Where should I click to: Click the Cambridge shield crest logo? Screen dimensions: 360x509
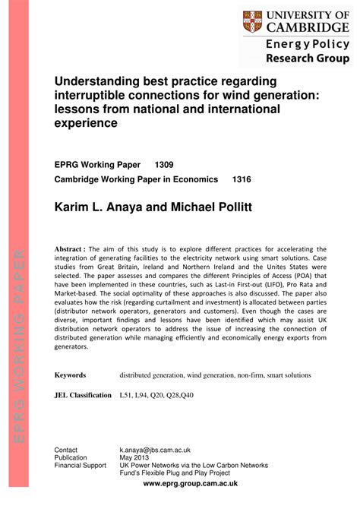[x=253, y=21]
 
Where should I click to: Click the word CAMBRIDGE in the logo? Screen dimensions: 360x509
[x=308, y=27]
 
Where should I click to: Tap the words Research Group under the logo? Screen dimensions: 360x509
[x=308, y=58]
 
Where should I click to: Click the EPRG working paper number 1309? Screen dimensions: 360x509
[x=165, y=163]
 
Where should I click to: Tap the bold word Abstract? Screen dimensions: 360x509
[x=71, y=248]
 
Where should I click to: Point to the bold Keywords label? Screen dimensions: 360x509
[x=70, y=375]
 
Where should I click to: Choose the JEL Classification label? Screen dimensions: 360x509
[x=83, y=396]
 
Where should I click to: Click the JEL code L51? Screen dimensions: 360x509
[x=128, y=396]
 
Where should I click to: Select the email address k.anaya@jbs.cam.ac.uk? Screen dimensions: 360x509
[x=155, y=451]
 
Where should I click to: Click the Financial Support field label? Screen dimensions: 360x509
[x=80, y=466]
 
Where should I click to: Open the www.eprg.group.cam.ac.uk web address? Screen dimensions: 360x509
[x=190, y=483]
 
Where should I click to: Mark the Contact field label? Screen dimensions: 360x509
[x=66, y=451]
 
